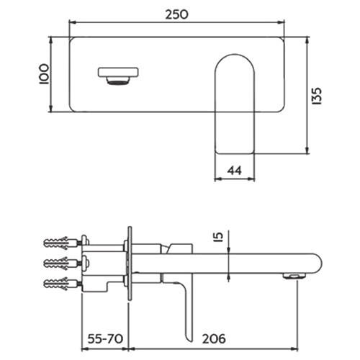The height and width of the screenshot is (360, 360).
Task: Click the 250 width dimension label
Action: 176,14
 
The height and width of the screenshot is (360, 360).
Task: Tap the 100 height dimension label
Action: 44,74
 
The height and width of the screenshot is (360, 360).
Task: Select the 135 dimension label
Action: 317,96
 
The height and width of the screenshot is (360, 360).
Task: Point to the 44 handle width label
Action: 234,171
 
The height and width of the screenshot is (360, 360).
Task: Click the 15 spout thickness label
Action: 219,236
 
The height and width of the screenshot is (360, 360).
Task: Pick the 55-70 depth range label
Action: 105,339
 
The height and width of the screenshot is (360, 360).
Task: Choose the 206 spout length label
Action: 214,339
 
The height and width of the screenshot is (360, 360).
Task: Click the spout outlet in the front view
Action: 118,72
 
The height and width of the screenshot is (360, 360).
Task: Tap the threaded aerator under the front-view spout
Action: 118,81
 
